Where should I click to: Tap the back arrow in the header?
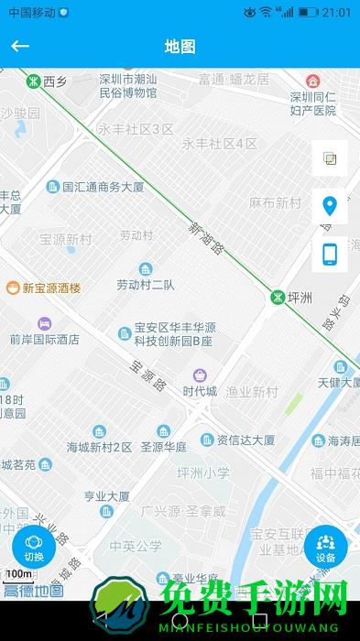tap(20, 46)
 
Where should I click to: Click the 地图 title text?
tap(180, 46)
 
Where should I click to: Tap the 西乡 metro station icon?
tap(32, 81)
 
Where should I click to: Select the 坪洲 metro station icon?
tap(277, 298)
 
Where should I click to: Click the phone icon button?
tap(330, 254)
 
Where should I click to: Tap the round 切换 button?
tap(34, 548)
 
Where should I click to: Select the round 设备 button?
tap(325, 548)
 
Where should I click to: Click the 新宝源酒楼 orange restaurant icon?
tap(12, 288)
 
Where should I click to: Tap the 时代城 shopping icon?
tap(199, 375)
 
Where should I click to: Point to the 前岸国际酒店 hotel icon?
tap(44, 323)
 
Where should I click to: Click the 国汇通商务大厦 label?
tap(103, 187)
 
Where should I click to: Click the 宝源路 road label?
tap(147, 375)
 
